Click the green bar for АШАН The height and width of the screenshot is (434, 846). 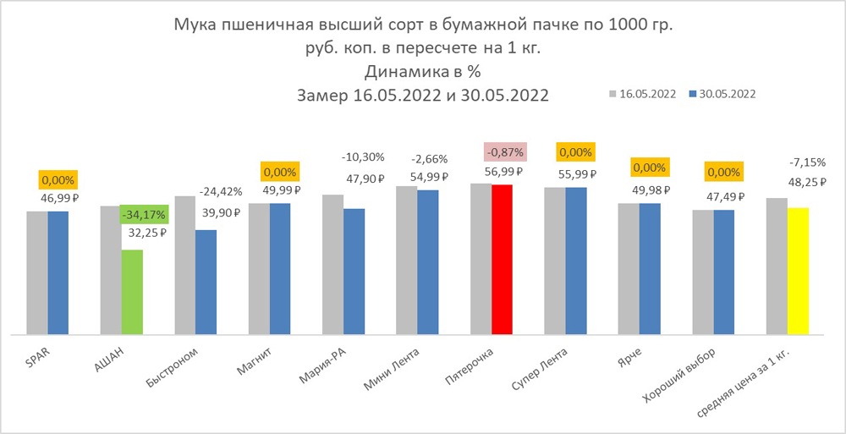pyautogui.click(x=131, y=292)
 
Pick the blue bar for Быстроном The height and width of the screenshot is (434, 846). pyautogui.click(x=206, y=282)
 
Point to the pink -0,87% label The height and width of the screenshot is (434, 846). pyautogui.click(x=506, y=152)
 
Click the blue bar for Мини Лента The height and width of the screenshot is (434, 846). pyautogui.click(x=428, y=262)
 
